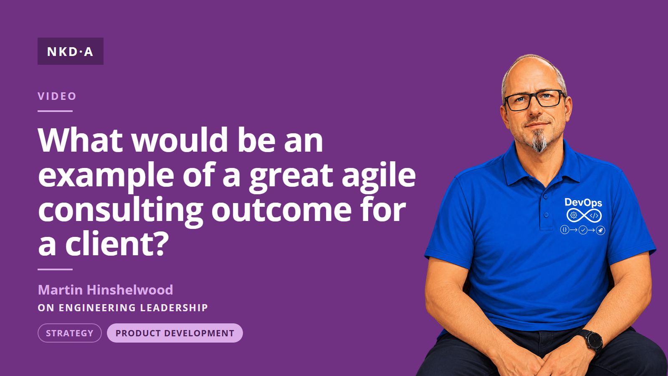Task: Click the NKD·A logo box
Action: (x=71, y=51)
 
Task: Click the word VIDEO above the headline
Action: (x=57, y=96)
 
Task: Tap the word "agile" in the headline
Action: (x=378, y=177)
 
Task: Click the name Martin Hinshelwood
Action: (x=106, y=290)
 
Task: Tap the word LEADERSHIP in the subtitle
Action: (x=174, y=307)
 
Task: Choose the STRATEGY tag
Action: (x=70, y=333)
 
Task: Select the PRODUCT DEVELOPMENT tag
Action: (x=175, y=333)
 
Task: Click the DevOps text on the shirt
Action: (x=583, y=203)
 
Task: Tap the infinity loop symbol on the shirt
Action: (x=584, y=216)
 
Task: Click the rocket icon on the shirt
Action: (x=600, y=230)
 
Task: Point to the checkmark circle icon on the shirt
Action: (x=583, y=230)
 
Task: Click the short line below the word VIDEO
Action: (x=55, y=111)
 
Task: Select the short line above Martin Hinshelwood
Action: (x=55, y=269)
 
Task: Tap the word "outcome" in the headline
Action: (x=281, y=210)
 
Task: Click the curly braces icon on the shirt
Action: (x=564, y=229)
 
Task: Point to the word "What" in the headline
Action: (x=80, y=140)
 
